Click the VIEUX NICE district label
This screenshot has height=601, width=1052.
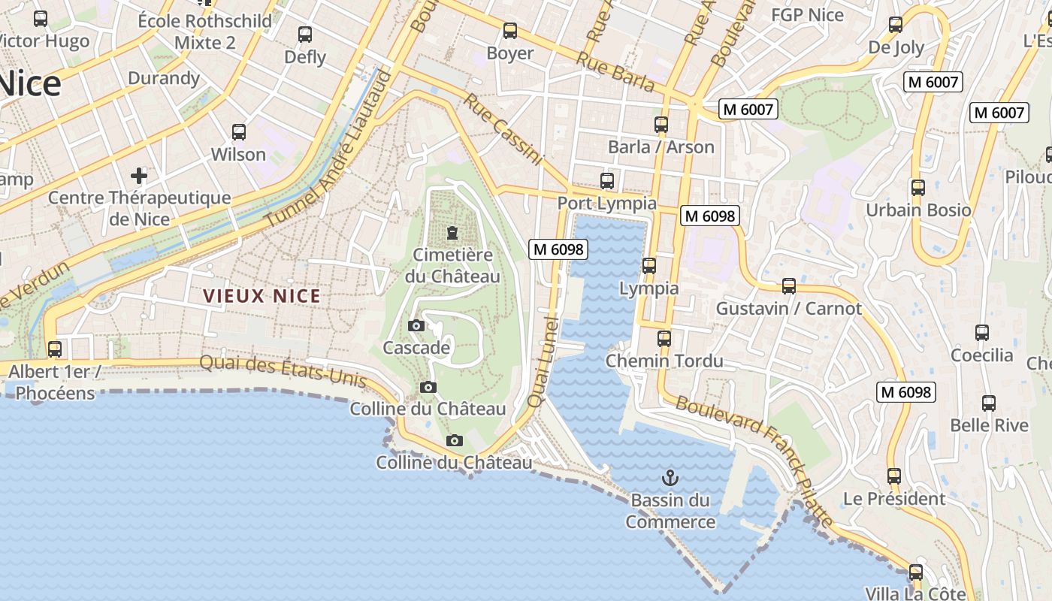click(x=262, y=296)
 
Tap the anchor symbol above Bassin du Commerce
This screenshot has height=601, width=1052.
click(x=670, y=478)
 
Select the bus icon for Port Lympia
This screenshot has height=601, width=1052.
click(x=607, y=181)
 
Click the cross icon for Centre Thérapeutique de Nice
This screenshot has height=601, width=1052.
click(x=139, y=176)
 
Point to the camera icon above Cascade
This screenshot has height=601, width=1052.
click(x=416, y=325)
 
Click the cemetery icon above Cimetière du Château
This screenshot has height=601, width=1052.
click(x=452, y=233)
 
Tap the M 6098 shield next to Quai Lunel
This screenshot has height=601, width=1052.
click(x=558, y=249)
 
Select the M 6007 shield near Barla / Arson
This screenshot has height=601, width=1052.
click(x=748, y=109)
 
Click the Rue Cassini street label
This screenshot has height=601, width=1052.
click(x=503, y=128)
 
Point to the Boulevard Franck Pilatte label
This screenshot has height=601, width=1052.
click(x=755, y=461)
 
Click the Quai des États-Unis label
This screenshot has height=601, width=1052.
click(x=283, y=372)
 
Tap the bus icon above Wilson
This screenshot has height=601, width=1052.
click(x=239, y=132)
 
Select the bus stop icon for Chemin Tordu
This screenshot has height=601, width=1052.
click(x=664, y=339)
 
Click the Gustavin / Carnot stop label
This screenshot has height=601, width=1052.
click(x=789, y=308)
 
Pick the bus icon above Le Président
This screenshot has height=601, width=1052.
click(x=893, y=476)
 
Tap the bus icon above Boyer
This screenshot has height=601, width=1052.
click(x=510, y=31)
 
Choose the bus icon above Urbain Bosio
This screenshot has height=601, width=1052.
click(x=917, y=188)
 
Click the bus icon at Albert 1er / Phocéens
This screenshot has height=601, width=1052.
click(x=55, y=349)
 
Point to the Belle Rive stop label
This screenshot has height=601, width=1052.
click(x=989, y=425)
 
